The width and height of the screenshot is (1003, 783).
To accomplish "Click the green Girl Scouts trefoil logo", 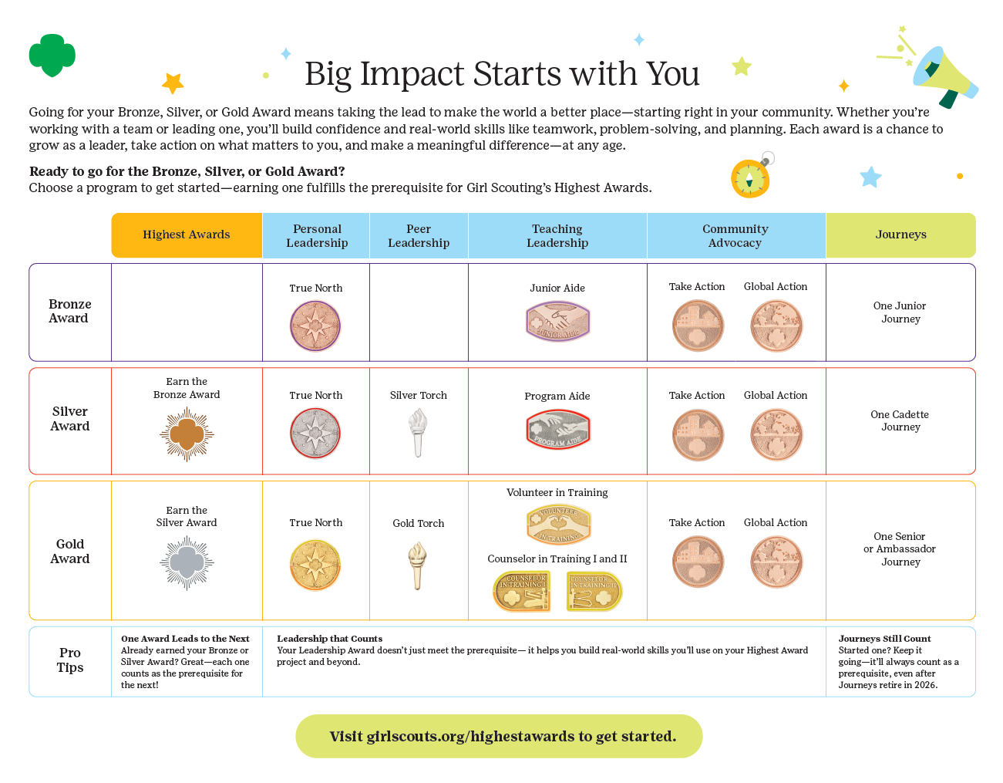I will (52, 55).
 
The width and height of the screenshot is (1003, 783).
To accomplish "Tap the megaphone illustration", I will (944, 75).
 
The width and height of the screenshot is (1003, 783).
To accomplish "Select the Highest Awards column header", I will (187, 235).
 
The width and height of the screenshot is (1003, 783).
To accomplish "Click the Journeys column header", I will (900, 235).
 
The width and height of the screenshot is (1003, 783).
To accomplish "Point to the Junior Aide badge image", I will (557, 321).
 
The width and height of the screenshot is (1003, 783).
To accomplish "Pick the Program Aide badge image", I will (557, 430).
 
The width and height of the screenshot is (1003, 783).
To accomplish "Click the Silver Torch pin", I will (418, 432).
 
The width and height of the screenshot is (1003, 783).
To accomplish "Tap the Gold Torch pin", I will (418, 565).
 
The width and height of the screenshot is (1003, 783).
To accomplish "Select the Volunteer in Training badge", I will (558, 525).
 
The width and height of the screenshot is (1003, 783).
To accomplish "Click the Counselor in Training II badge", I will (594, 591).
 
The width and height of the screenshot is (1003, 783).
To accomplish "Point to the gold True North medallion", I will (315, 565).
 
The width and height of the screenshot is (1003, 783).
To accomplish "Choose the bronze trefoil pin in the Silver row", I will (187, 434).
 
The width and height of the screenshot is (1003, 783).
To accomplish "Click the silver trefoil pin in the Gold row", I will (187, 563).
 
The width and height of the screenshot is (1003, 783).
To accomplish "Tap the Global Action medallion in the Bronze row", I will (776, 326).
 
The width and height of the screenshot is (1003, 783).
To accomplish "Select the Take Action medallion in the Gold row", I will (698, 562).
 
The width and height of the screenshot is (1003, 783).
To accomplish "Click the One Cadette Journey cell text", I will (900, 420).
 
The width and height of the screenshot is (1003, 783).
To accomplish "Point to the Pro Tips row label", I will (70, 660).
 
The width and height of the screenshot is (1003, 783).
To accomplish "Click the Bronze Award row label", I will (69, 311).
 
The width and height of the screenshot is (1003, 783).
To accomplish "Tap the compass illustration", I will (750, 179).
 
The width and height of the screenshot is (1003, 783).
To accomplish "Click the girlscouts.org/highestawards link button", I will (499, 736).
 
